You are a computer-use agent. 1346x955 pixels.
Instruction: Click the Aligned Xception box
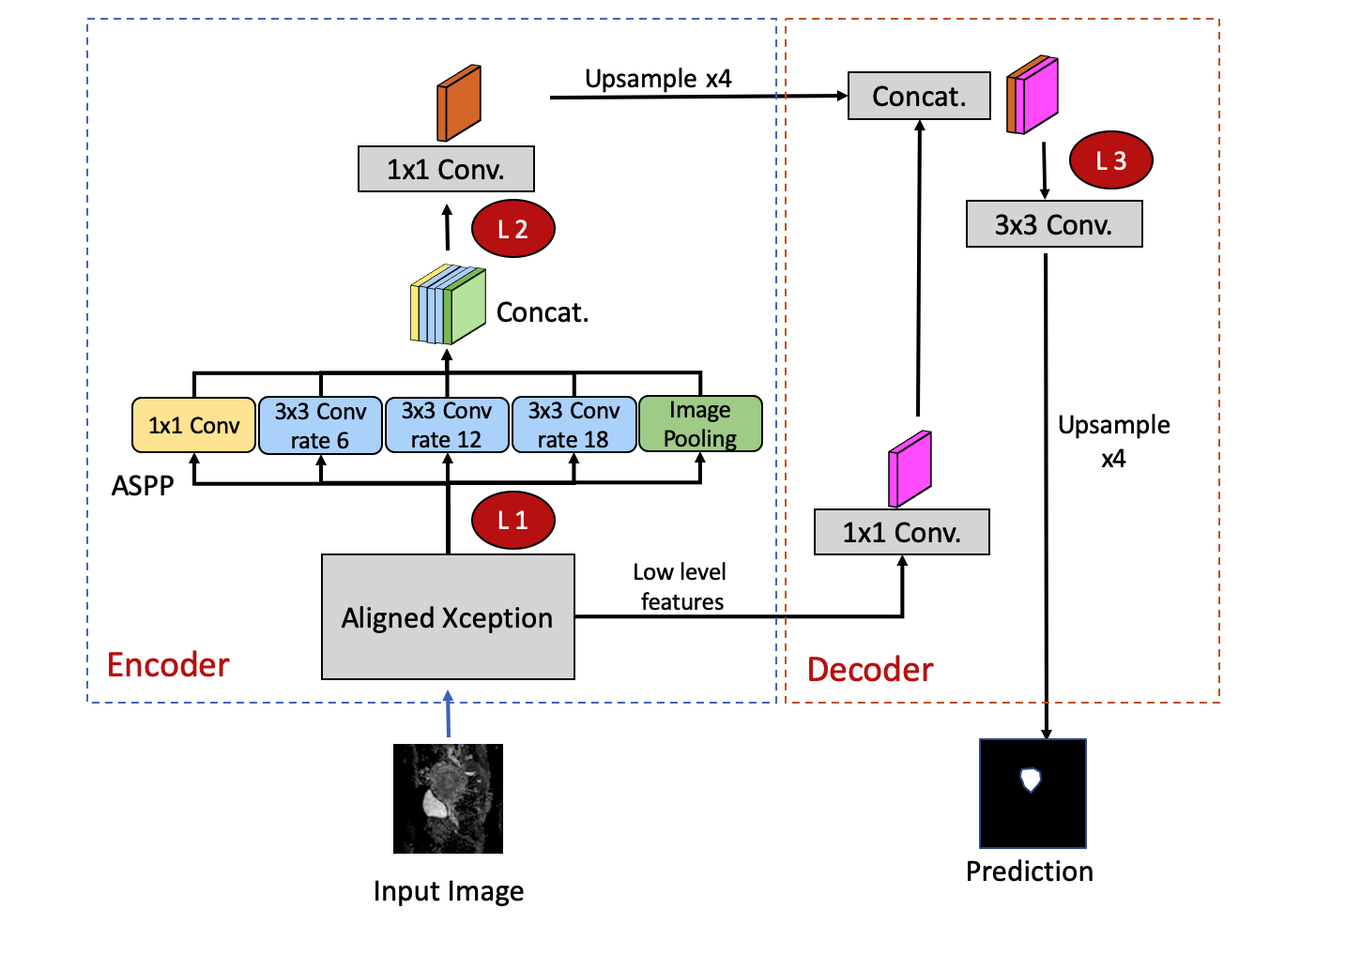(448, 616)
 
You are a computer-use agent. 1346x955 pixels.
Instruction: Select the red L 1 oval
(512, 521)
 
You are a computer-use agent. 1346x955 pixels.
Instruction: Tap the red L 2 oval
(512, 229)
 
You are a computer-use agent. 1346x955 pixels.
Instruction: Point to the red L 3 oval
(1110, 160)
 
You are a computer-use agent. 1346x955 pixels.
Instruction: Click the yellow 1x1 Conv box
(193, 425)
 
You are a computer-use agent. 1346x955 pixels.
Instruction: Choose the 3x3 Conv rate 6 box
(320, 425)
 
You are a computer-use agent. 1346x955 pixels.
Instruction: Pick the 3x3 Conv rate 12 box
(447, 425)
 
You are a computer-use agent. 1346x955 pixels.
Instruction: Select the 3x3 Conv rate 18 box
(574, 425)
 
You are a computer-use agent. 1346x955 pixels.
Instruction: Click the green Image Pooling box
(700, 424)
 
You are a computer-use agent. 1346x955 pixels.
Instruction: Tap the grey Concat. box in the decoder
(919, 96)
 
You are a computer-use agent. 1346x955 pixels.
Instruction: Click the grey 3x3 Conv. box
(1054, 224)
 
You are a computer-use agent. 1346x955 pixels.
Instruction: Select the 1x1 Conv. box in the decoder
(901, 532)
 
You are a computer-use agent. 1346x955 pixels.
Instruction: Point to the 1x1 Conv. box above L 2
(446, 169)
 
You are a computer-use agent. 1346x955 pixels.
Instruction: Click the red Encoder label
(168, 664)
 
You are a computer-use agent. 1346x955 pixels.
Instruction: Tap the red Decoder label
(870, 669)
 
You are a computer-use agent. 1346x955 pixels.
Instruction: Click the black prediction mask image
(1032, 794)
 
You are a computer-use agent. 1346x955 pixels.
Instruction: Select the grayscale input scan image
(448, 798)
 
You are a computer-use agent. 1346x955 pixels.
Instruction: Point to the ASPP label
(143, 485)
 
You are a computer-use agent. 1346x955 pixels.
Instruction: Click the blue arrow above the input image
(449, 715)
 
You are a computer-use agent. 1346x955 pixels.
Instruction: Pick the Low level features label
(681, 586)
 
